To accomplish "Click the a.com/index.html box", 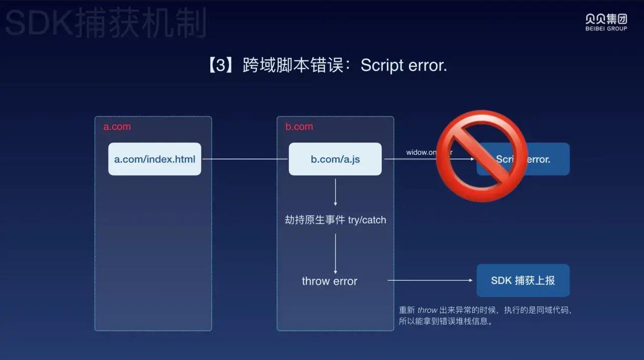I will pos(154,159).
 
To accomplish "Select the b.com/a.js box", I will pos(335,159).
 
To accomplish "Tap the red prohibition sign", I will pos(481,156).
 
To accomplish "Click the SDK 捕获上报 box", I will pos(523,281).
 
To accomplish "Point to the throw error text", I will pos(330,281).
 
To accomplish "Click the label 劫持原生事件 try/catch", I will pos(336,220).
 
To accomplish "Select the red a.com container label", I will pos(117,127).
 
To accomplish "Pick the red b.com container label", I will pos(299,127).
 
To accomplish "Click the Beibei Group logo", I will pos(606,22).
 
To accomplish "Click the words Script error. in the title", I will pos(404,65).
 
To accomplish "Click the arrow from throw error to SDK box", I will pos(431,281).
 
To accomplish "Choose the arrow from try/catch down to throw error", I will pos(336,253).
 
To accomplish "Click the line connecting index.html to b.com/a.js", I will pos(245,159).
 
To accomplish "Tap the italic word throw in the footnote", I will pos(428,310).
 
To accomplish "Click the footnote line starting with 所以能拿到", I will pos(446,321).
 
